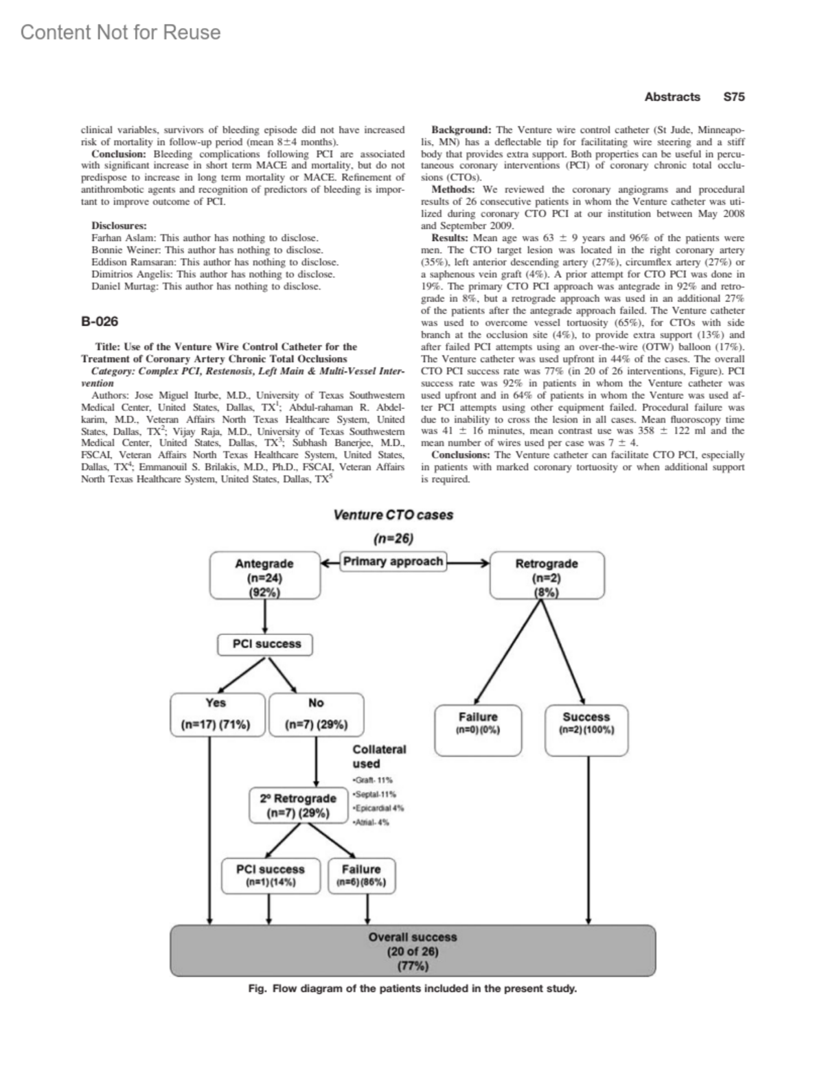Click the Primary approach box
(x=393, y=561)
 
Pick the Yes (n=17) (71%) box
(x=216, y=714)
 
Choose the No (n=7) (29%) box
(x=316, y=714)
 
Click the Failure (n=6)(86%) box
(x=361, y=875)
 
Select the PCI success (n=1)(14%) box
(x=271, y=875)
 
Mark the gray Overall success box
(x=413, y=951)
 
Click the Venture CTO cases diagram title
(x=393, y=515)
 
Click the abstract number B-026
(x=100, y=321)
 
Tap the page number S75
(x=733, y=97)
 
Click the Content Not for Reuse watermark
(x=121, y=32)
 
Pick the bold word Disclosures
(x=119, y=226)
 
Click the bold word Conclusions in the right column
(x=461, y=455)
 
